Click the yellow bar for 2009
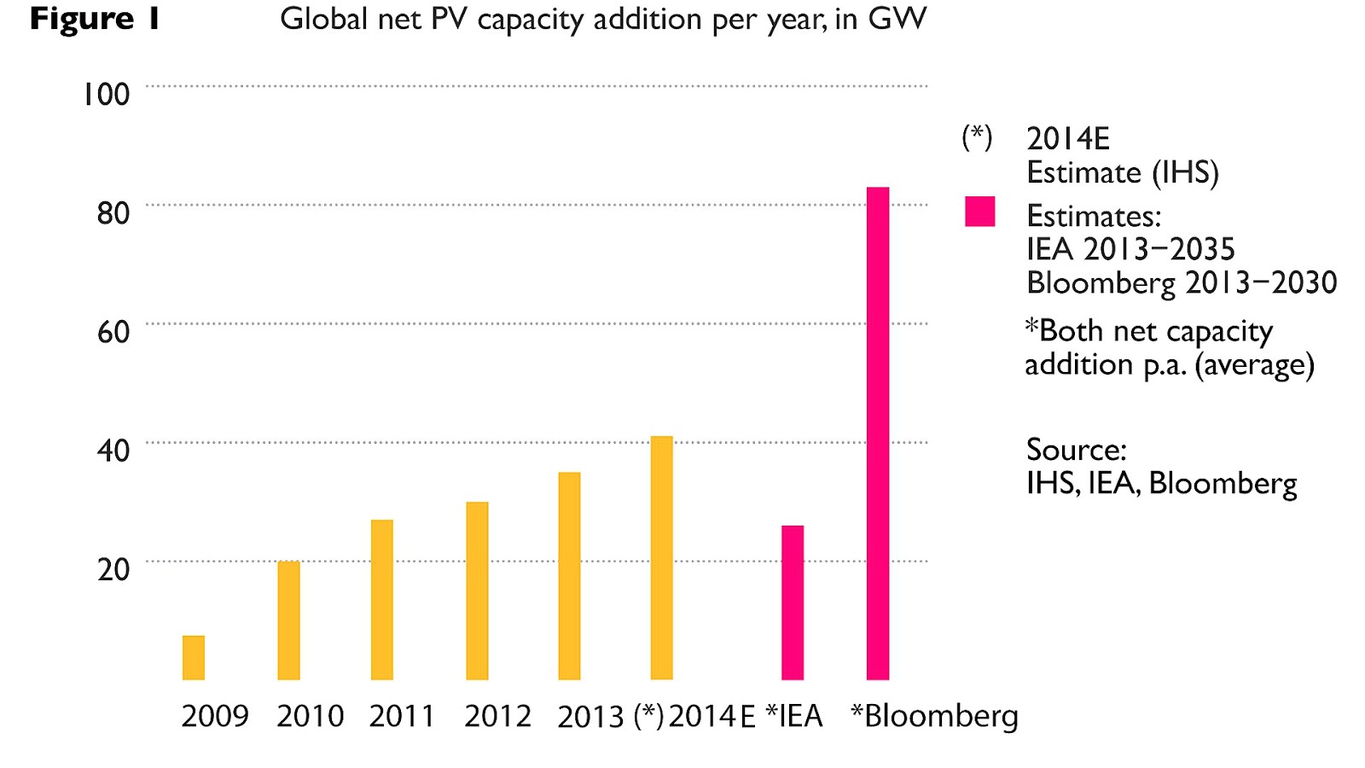pos(194,658)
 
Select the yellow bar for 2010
pos(288,620)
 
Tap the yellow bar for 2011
pos(382,600)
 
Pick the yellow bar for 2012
pos(477,591)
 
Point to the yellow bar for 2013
pos(569,576)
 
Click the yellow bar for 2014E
pos(661,558)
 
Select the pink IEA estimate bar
pos(793,602)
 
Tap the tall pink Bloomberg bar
pos(878,433)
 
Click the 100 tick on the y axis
pos(106,94)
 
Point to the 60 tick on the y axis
pos(113,331)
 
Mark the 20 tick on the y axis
pos(113,569)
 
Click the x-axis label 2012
pos(497,716)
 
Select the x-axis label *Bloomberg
pos(934,716)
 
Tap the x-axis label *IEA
pos(794,716)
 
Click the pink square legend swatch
pos(979,211)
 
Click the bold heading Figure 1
pos(95,19)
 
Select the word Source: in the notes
pos(1076,450)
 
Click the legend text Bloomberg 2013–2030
pos(1182,282)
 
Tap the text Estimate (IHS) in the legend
pos(1122,172)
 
